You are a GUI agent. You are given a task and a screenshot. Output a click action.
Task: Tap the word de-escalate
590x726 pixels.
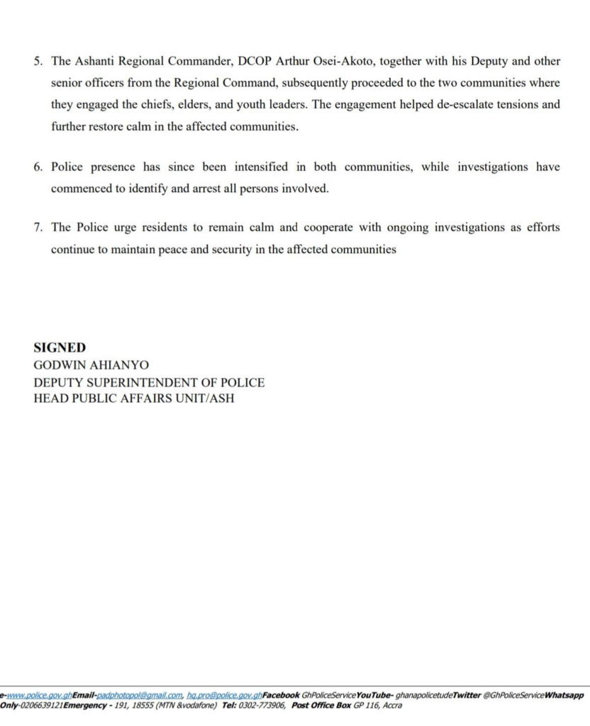[433, 104]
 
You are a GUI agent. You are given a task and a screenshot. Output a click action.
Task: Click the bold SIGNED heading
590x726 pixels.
[60, 347]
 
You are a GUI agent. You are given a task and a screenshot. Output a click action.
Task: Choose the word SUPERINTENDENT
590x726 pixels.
[149, 382]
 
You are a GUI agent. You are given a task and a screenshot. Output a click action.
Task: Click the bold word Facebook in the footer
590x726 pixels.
[282, 696]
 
